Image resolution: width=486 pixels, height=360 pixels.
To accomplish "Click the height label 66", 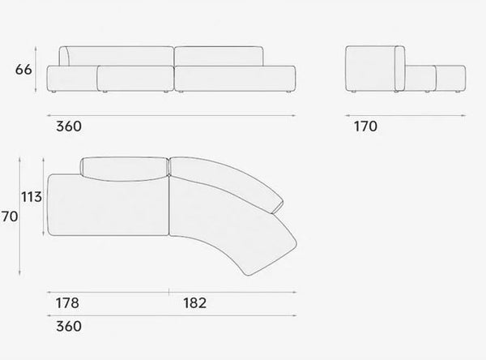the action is point(23,70).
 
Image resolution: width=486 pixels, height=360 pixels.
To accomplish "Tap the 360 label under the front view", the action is point(69,126).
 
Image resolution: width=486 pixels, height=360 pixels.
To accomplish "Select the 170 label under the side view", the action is point(365,126).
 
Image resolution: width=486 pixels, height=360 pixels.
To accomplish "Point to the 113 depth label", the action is point(32,197).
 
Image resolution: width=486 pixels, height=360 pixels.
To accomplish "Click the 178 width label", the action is point(67,303).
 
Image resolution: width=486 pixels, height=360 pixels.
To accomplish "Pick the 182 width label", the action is point(195,303).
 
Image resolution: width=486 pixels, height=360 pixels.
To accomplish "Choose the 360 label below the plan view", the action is point(69,326).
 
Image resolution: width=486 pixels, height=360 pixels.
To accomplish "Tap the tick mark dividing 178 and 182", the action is point(169,292).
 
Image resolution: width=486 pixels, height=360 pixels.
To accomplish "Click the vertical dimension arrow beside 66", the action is point(36,69).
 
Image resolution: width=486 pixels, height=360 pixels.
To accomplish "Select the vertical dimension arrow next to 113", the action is point(44,196).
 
